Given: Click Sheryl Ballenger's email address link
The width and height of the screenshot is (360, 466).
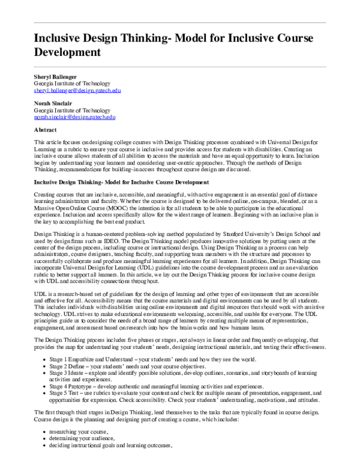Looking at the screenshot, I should click(77, 91).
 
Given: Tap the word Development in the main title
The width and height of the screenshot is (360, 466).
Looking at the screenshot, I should click(67, 52).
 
